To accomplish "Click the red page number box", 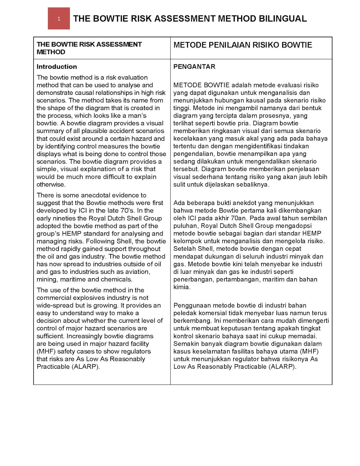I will pyautogui.click(x=59, y=19).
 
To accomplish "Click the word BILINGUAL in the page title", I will pyautogui.click(x=282, y=19).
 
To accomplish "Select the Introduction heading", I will pyautogui.click(x=57, y=67).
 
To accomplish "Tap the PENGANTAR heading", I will pyautogui.click(x=194, y=67).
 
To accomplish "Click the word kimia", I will pyautogui.click(x=182, y=287).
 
